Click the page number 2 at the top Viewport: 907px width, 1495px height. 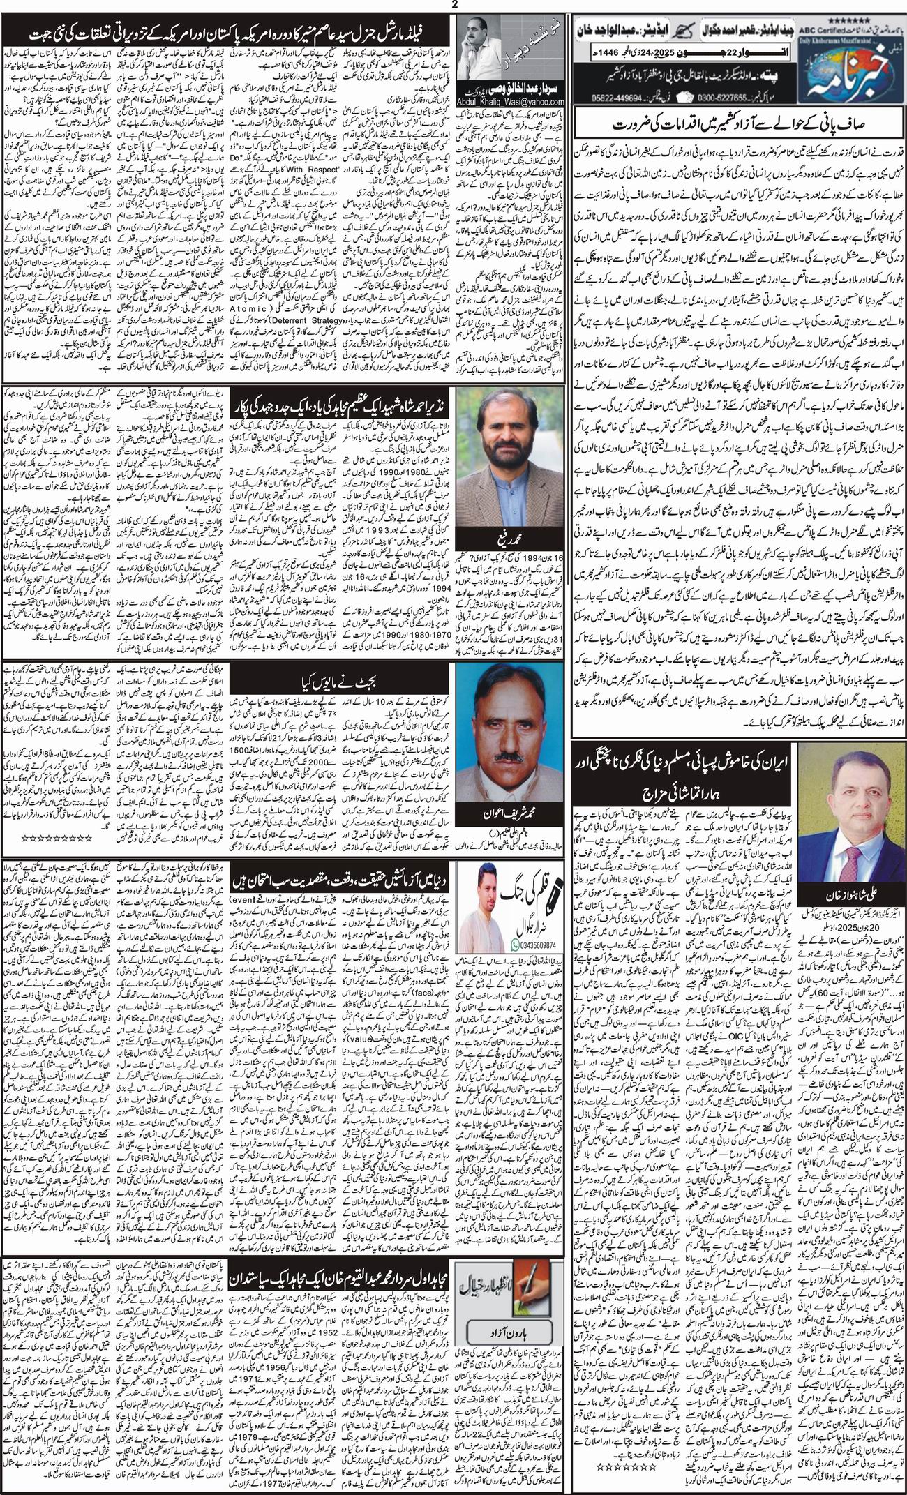tap(453, 5)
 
